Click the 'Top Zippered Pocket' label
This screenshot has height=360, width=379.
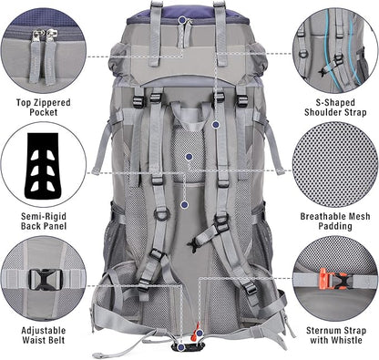pos(43,108)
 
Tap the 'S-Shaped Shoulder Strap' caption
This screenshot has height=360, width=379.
pos(335,108)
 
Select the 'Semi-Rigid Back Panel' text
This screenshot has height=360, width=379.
pos(44,221)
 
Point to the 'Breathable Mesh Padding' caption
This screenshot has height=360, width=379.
pos(335,221)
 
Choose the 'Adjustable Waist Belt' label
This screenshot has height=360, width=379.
pos(44,335)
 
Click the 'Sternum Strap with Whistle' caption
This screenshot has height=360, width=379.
pos(336,335)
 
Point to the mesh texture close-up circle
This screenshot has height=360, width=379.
pos(335,164)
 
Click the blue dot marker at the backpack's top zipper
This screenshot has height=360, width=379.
pos(182,20)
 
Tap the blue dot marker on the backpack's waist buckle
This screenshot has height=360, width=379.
pos(181,347)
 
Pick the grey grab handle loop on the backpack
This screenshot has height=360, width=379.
pos(189,116)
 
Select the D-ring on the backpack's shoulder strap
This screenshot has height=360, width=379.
pos(160,214)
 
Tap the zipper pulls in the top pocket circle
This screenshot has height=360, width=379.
pos(43,57)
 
